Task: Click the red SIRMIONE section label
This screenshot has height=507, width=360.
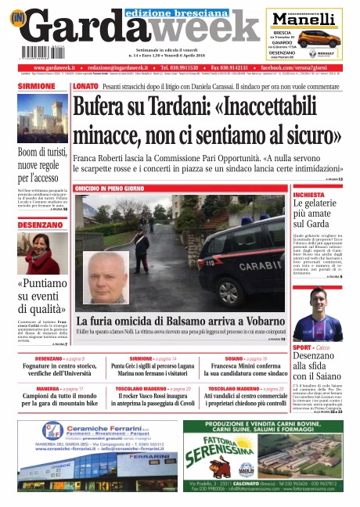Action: (x=37, y=86)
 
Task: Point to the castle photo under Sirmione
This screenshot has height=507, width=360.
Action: (x=43, y=117)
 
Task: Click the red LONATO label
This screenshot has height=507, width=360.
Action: (x=85, y=86)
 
